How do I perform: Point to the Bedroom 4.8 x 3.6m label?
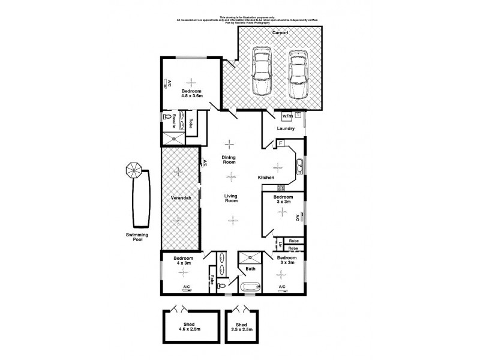pos(192,93)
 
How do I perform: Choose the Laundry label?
pos(284,128)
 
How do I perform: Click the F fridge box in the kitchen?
pos(280,143)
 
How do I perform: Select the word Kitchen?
pos(266,178)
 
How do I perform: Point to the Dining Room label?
pos(230,160)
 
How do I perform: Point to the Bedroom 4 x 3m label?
pos(183,261)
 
